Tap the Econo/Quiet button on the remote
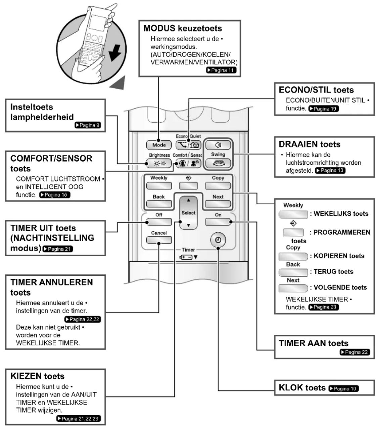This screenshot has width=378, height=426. [x=188, y=145]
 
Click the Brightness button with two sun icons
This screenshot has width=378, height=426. [x=159, y=163]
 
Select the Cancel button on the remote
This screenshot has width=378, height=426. [x=159, y=240]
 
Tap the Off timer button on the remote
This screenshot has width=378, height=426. [x=159, y=222]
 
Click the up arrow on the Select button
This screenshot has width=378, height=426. [x=188, y=200]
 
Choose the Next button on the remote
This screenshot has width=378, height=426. [x=218, y=204]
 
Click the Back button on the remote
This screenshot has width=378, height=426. [x=159, y=204]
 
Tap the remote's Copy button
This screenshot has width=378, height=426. [x=218, y=186]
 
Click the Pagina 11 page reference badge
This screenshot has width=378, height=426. [x=221, y=70]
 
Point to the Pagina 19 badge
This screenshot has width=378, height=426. [x=324, y=109]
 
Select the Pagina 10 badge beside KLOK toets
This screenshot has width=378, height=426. [x=344, y=388]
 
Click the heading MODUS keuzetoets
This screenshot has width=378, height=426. [x=183, y=29]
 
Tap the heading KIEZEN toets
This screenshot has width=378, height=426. [x=38, y=376]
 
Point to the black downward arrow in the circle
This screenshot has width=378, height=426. [x=115, y=53]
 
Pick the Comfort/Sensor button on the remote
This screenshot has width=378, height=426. [x=188, y=163]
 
